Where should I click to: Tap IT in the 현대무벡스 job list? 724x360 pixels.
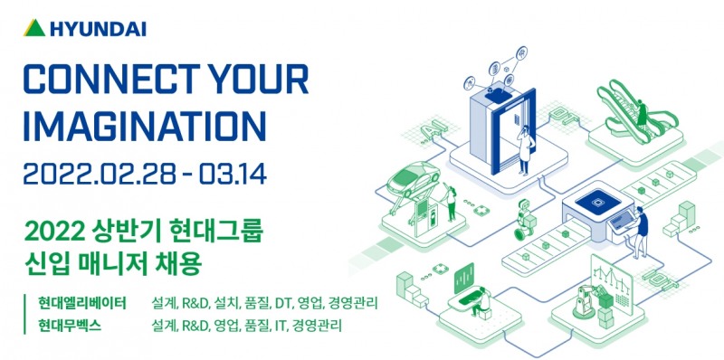point(280,324)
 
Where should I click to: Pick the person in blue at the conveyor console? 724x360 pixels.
point(641,228)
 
